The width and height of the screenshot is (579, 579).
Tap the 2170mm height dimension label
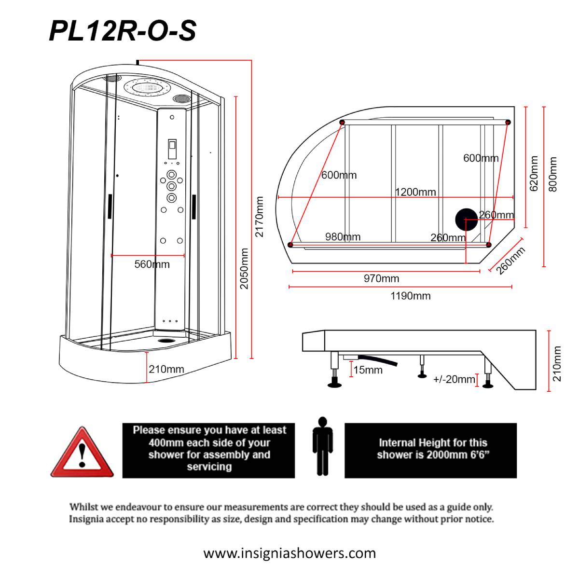(260, 217)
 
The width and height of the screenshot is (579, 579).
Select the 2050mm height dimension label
(245, 268)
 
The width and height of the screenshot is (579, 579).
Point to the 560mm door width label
(152, 264)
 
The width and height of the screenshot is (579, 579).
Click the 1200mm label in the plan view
(415, 192)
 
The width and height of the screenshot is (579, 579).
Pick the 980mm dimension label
(343, 236)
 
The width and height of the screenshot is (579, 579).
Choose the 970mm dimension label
(381, 278)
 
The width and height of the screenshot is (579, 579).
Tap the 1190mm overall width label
(410, 296)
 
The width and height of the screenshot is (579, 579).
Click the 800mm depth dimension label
(553, 174)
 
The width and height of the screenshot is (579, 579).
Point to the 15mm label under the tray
(368, 370)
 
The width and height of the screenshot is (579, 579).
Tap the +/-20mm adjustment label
(454, 379)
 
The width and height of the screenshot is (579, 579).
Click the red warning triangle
(82, 453)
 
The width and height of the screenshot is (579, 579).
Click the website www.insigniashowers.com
(289, 552)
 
